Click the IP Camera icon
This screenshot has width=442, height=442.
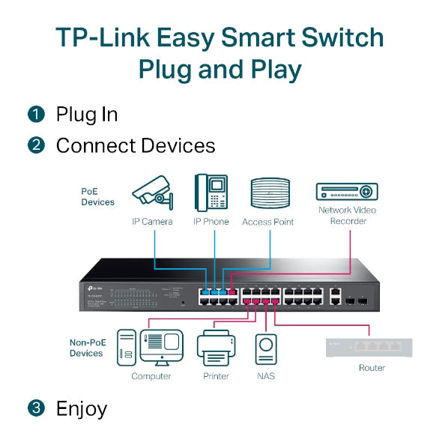[153, 193]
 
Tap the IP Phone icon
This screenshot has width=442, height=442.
[211, 192]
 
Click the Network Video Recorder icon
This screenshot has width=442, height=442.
[347, 191]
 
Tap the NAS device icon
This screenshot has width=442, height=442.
[265, 350]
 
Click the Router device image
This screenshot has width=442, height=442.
[369, 348]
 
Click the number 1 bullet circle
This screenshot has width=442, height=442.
[36, 115]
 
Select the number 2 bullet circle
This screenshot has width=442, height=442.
[36, 145]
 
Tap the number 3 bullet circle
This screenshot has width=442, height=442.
[36, 408]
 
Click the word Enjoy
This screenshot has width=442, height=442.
[82, 409]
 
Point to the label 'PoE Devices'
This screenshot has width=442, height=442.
[97, 196]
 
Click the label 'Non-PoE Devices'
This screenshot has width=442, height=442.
[86, 348]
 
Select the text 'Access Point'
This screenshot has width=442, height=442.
[267, 222]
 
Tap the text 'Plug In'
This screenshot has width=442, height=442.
[86, 115]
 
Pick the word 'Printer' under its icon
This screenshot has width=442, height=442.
[216, 376]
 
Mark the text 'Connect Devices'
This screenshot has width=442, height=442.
[136, 145]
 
